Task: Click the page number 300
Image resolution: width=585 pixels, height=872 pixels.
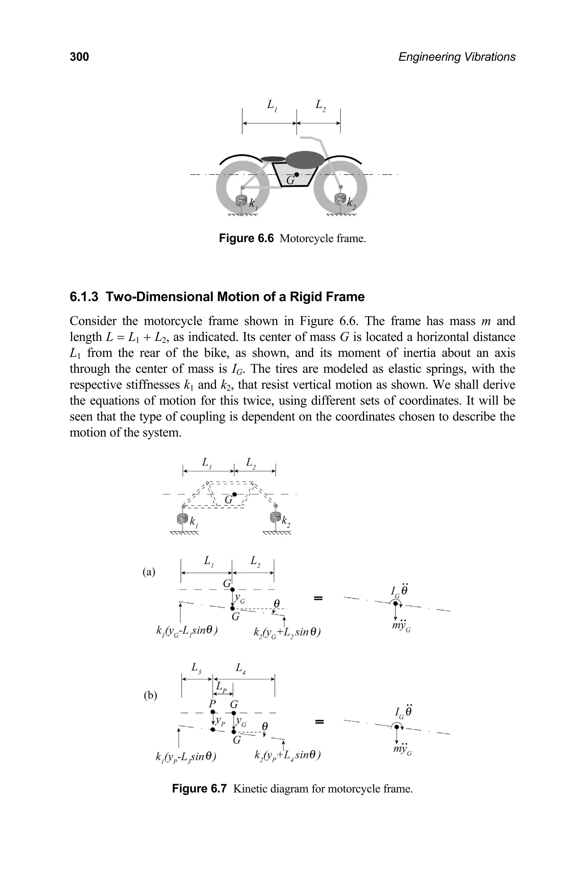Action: click(79, 57)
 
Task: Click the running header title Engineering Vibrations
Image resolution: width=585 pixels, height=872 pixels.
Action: click(457, 57)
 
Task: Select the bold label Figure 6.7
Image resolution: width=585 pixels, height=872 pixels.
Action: click(199, 789)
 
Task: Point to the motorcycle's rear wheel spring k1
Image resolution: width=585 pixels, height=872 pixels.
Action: click(243, 201)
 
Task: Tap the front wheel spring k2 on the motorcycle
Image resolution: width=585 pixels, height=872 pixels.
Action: click(340, 199)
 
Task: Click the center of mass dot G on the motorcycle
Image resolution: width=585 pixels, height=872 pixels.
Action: click(296, 174)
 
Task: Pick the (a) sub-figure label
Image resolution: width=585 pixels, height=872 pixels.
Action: click(149, 572)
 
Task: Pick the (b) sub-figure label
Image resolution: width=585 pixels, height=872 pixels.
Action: click(150, 695)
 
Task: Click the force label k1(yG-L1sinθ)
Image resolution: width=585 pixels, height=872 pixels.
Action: click(187, 631)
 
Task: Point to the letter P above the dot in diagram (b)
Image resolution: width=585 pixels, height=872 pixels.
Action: click(212, 704)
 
